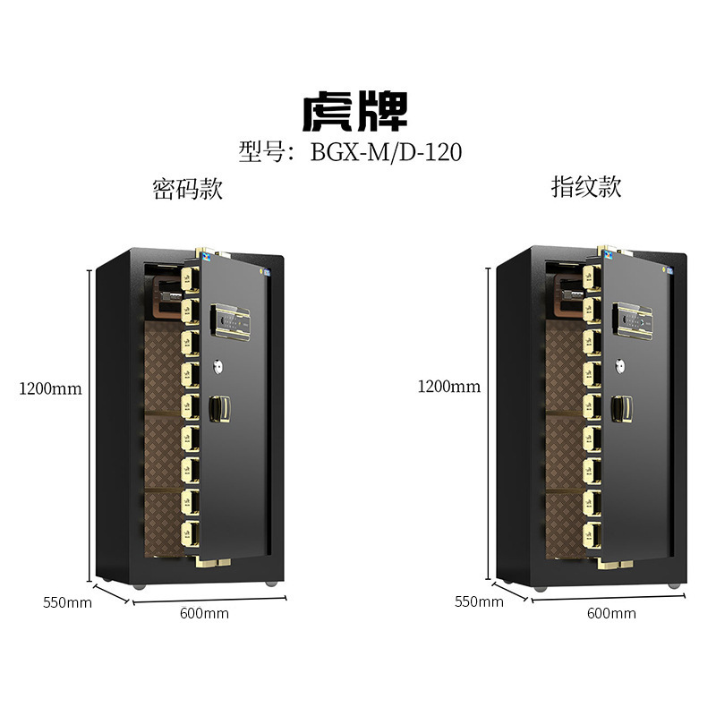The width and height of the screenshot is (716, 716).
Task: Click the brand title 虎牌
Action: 355,112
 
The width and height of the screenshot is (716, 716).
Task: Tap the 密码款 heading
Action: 187,189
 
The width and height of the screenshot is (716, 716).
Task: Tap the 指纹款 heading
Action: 585,187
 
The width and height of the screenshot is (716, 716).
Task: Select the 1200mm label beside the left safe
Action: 50,388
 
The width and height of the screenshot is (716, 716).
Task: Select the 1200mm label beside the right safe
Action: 448,387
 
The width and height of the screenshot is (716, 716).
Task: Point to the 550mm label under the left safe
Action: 67,601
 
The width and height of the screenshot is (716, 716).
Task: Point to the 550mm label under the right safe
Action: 479,601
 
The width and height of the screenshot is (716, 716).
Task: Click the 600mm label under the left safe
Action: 204,613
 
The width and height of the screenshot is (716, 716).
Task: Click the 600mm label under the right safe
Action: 611,613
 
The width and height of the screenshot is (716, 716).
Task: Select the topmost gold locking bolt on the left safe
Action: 191,277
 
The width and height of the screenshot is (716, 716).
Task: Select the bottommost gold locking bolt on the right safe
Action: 592,535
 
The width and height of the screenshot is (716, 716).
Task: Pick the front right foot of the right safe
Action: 672,584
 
